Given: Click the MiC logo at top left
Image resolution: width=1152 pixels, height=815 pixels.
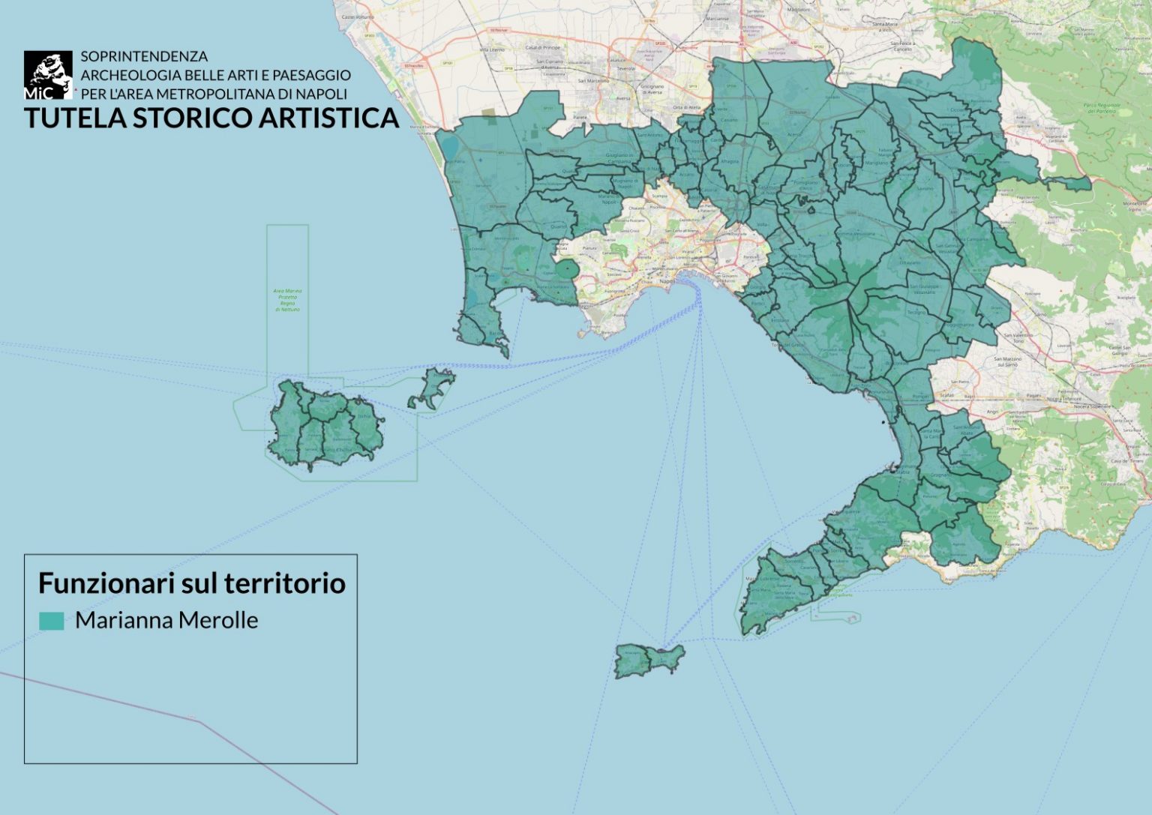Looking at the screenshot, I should [x=48, y=75].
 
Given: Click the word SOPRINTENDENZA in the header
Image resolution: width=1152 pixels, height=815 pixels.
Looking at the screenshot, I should [x=144, y=56].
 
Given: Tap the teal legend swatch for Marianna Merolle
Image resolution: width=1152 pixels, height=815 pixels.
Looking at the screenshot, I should [x=52, y=621].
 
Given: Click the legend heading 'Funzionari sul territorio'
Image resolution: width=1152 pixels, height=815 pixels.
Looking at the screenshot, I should [x=191, y=583].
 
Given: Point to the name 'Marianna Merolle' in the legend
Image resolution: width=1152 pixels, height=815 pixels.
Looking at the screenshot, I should [x=166, y=621].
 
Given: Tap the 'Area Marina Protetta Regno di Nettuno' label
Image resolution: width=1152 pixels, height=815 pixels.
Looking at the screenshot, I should [x=286, y=300].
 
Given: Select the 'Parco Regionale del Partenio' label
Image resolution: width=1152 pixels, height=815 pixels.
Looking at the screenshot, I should [x=1102, y=108].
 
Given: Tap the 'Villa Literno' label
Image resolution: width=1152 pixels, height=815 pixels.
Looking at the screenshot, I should [x=493, y=49].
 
